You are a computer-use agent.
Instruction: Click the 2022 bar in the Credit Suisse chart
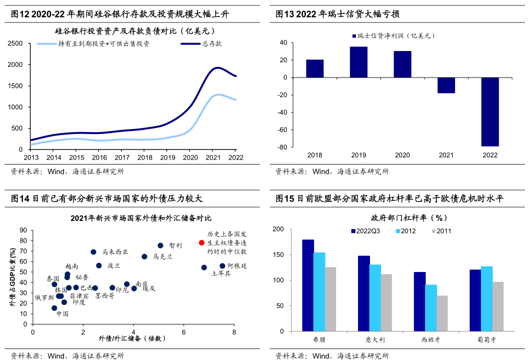click(x=490, y=111)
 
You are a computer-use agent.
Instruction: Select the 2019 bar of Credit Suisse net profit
click(x=358, y=62)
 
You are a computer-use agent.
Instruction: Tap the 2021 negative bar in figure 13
click(x=446, y=85)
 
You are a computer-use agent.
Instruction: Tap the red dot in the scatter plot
click(x=201, y=242)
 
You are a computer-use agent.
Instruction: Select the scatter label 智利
click(x=175, y=245)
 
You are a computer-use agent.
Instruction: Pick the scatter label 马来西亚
click(x=115, y=252)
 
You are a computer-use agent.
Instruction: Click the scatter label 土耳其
click(x=221, y=273)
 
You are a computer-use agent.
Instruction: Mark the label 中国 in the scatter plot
click(x=62, y=314)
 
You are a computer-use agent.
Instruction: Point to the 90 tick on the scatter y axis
click(x=23, y=230)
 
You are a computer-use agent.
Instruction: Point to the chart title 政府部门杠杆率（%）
click(x=409, y=218)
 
